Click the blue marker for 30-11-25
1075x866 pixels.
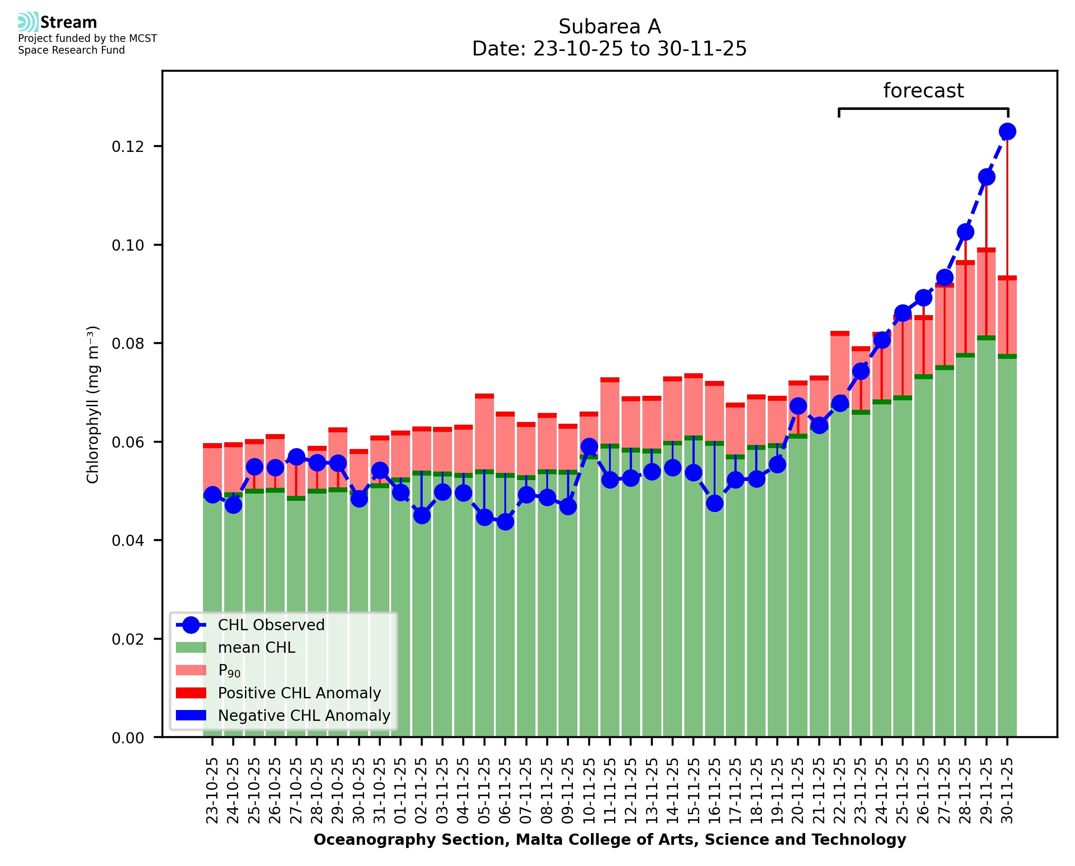tap(1007, 132)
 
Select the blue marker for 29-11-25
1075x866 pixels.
tap(986, 177)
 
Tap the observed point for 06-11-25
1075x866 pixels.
tap(505, 522)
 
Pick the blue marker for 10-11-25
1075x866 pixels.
tap(589, 446)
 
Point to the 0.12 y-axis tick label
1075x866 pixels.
tap(128, 147)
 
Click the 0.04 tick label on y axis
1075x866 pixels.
tap(128, 541)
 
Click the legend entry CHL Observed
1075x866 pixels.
tap(271, 625)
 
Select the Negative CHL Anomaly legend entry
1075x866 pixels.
tap(304, 715)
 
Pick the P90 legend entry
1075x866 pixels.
tap(229, 671)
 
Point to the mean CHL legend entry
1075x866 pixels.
tap(257, 647)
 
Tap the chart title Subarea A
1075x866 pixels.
tap(609, 27)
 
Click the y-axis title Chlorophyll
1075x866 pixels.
tap(93, 404)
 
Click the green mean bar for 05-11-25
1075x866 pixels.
tap(484, 599)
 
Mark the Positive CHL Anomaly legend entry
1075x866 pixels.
tap(299, 693)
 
